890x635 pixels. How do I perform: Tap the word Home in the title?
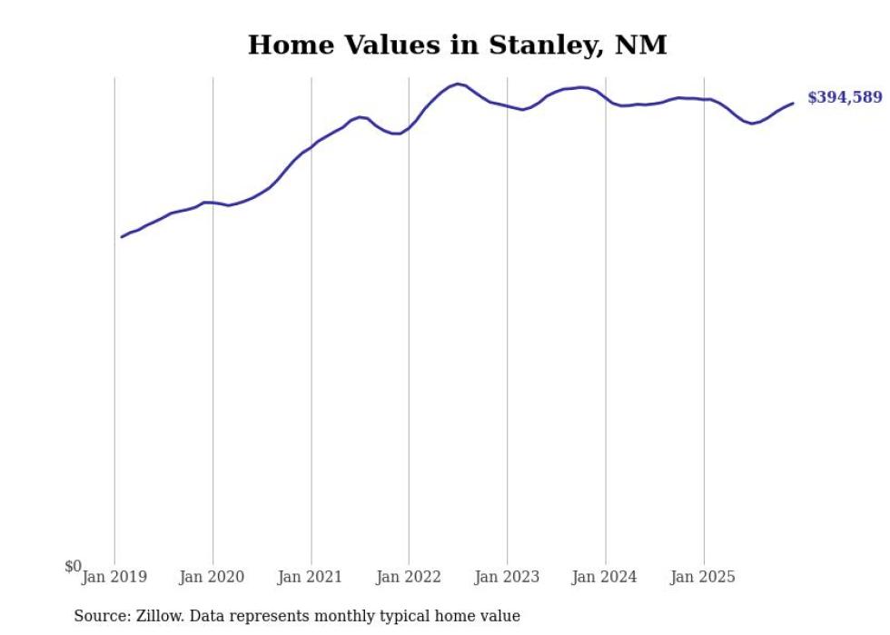[284, 45]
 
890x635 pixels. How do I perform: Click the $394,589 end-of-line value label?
[845, 98]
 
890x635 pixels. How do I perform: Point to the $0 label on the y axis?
[73, 567]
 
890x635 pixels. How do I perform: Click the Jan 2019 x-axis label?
[114, 577]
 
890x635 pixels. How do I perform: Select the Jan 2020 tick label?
[213, 577]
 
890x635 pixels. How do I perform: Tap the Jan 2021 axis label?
[311, 577]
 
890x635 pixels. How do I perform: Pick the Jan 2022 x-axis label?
[409, 577]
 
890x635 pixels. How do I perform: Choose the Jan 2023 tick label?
[507, 577]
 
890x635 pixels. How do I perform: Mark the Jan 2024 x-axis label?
[605, 577]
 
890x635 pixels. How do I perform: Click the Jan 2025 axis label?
[703, 577]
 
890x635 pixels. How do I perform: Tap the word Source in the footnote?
[101, 616]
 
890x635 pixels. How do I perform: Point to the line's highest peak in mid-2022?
[459, 84]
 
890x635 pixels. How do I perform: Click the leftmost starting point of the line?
[122, 237]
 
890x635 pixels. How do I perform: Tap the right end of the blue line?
[793, 103]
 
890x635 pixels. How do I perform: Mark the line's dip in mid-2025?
[752, 124]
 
